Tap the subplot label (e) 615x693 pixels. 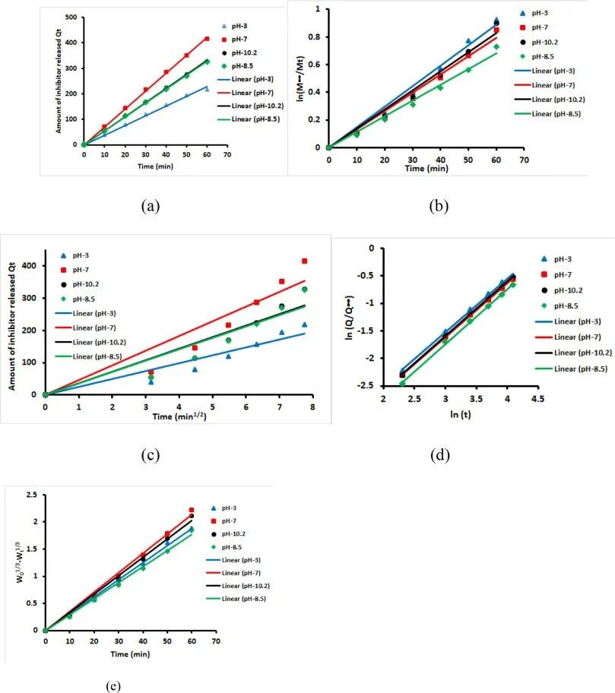point(113,686)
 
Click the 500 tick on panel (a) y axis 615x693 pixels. point(70,17)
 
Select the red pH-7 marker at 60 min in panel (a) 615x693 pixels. point(207,39)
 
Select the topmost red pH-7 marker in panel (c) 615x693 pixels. point(304,261)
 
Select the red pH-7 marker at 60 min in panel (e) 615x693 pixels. point(192,511)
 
